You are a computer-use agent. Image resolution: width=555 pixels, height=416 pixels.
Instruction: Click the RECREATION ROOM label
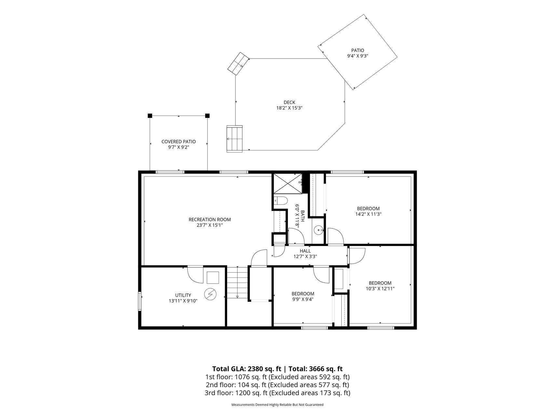click(x=210, y=219)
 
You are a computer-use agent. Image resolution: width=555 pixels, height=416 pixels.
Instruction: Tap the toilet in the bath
click(x=280, y=201)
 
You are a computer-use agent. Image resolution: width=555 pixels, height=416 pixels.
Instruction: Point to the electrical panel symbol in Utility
click(x=210, y=294)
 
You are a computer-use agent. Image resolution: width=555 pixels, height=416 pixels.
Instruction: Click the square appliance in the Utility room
click(x=213, y=277)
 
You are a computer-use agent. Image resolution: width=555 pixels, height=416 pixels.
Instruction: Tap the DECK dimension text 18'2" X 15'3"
click(x=289, y=108)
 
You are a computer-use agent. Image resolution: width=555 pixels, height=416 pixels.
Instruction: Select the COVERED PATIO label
click(x=179, y=142)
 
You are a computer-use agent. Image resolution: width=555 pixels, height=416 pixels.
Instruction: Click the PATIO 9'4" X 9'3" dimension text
click(x=358, y=56)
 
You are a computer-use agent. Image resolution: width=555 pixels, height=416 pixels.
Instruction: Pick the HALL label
click(x=305, y=251)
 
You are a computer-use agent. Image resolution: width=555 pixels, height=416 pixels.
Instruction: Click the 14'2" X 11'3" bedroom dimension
click(x=368, y=214)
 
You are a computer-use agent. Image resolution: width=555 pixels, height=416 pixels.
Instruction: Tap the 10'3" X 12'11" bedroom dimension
click(x=380, y=288)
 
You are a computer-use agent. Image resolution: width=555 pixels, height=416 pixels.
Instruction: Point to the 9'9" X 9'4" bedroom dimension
click(x=303, y=299)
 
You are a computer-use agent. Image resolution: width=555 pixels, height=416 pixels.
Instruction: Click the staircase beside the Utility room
click(x=237, y=282)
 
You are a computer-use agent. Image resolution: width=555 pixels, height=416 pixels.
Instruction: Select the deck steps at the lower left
click(x=235, y=139)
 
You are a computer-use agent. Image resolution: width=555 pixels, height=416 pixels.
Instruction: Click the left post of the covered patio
click(x=150, y=116)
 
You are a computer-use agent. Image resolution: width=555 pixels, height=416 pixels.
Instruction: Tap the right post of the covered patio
click(x=208, y=116)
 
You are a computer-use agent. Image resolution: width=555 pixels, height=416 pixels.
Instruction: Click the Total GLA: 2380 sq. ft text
click(x=246, y=369)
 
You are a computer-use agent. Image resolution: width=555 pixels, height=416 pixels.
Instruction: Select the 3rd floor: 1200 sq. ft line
click(x=277, y=393)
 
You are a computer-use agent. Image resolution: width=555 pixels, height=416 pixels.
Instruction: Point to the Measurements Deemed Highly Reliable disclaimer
click(x=277, y=405)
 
